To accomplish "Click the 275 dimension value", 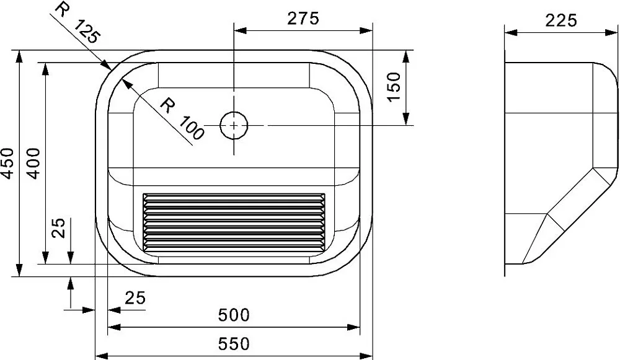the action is (x=303, y=18).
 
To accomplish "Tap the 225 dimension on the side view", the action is (x=561, y=20).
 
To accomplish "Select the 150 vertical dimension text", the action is (x=394, y=87).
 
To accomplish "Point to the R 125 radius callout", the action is (x=77, y=23).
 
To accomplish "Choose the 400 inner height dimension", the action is (x=33, y=163).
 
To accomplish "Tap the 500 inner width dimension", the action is (x=234, y=315).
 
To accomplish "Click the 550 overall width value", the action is (x=234, y=344).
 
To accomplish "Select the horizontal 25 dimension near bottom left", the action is (x=135, y=297).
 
